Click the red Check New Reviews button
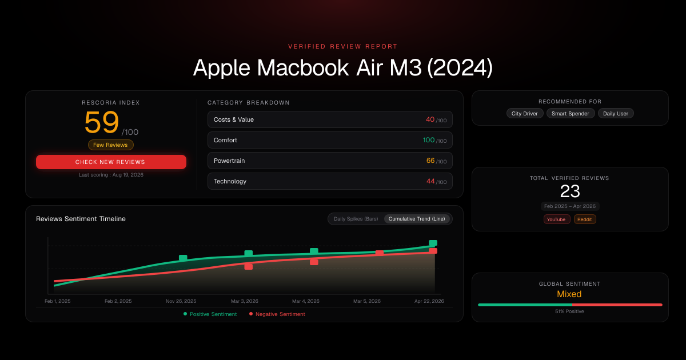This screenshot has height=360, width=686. [111, 162]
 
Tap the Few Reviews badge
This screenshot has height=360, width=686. [110, 145]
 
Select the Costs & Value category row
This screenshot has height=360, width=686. [330, 119]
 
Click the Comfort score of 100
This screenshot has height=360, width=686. [429, 140]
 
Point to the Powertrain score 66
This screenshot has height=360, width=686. [430, 161]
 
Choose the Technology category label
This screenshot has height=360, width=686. [230, 181]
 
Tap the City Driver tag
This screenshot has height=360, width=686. [525, 114]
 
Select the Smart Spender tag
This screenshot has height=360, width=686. [571, 114]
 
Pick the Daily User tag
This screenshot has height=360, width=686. [616, 114]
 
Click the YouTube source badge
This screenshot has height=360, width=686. [556, 219]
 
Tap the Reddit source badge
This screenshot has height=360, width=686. [585, 219]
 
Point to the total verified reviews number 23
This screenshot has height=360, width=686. [570, 191]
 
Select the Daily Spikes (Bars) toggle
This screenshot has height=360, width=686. [356, 219]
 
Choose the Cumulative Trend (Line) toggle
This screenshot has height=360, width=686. [417, 219]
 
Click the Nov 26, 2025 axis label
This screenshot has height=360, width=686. [181, 301]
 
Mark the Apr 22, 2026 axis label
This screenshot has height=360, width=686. [429, 301]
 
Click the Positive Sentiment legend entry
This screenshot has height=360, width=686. [210, 314]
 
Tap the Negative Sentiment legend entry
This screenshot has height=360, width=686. [277, 314]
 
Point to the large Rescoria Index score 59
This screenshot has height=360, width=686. [102, 122]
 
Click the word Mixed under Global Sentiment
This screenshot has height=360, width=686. [569, 294]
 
